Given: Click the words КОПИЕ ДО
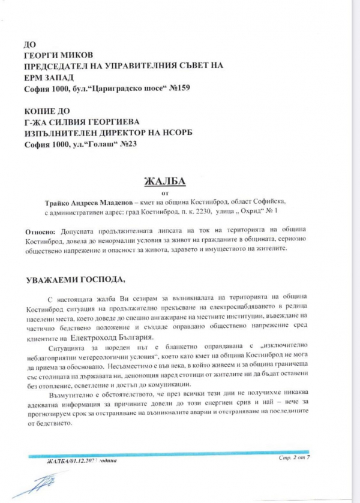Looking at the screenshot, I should tap(44, 112).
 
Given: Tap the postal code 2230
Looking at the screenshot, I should tap(200, 212).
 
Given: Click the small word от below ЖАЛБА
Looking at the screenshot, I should tap(166, 193).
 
